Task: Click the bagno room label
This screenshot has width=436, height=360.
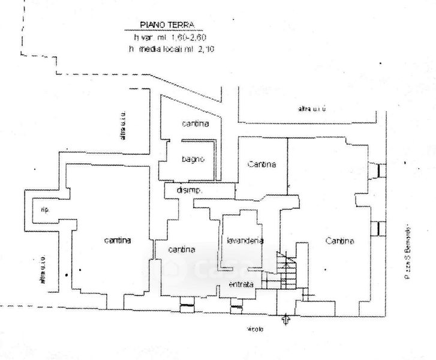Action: click(x=193, y=159)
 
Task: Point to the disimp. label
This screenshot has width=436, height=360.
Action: click(x=189, y=190)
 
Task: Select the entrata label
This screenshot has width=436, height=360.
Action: click(x=241, y=284)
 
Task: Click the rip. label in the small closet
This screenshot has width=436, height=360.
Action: click(x=44, y=209)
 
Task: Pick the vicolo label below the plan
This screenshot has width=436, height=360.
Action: click(x=255, y=329)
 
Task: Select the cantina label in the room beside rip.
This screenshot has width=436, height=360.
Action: click(x=118, y=241)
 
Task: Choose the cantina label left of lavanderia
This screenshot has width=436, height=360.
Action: click(x=182, y=249)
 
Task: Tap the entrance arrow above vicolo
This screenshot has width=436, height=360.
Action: click(x=286, y=319)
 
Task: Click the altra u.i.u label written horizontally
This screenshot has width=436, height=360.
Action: click(x=312, y=109)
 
